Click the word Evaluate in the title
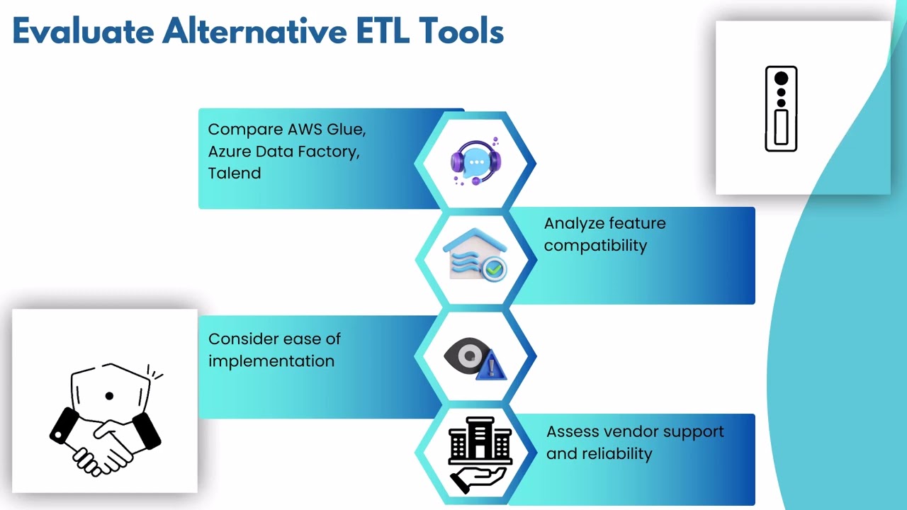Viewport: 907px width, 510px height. pyautogui.click(x=81, y=31)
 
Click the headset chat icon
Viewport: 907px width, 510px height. pyautogui.click(x=475, y=162)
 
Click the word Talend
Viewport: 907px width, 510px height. pyautogui.click(x=234, y=173)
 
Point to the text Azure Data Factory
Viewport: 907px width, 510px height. pyautogui.click(x=283, y=152)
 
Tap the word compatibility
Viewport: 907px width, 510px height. pyautogui.click(x=595, y=246)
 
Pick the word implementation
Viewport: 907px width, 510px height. pyautogui.click(x=271, y=361)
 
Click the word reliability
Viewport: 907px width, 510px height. pyautogui.click(x=616, y=453)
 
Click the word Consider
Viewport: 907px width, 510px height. pyautogui.click(x=240, y=339)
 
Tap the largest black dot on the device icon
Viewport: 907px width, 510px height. pyautogui.click(x=781, y=79)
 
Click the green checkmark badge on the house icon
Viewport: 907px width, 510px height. pyautogui.click(x=494, y=269)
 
